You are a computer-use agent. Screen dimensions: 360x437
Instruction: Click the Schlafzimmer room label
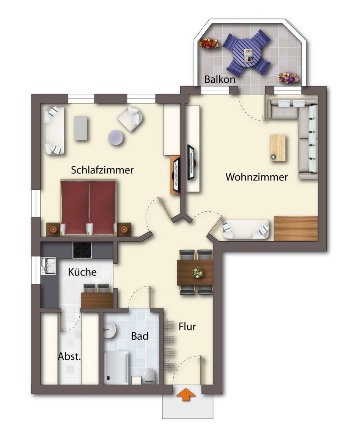pyautogui.click(x=102, y=170)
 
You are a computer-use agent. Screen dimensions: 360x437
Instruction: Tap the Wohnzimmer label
pyautogui.click(x=256, y=177)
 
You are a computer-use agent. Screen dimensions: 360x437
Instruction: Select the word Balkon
pyautogui.click(x=220, y=79)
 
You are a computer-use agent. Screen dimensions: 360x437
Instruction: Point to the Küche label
pyautogui.click(x=82, y=272)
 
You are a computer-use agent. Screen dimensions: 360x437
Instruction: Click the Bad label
pyautogui.click(x=140, y=336)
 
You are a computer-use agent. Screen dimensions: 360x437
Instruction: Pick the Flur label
pyautogui.click(x=187, y=326)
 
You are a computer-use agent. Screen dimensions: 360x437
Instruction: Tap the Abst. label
pyautogui.click(x=69, y=356)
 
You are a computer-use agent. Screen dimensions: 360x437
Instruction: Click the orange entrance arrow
pyautogui.click(x=186, y=395)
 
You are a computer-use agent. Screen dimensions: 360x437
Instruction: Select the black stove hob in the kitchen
pyautogui.click(x=82, y=250)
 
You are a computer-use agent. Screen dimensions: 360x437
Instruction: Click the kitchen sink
pyautogui.click(x=48, y=266)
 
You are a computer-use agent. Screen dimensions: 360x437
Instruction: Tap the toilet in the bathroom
pyautogui.click(x=149, y=376)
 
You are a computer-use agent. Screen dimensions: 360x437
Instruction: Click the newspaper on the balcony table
pyautogui.click(x=248, y=55)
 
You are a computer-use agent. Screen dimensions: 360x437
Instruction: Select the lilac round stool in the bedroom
pyautogui.click(x=116, y=138)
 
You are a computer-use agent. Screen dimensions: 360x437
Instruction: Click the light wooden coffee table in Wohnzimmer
pyautogui.click(x=278, y=148)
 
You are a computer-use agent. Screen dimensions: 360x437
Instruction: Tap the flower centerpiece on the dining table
pyautogui.click(x=198, y=272)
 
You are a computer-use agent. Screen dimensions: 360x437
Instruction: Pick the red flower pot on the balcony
pyautogui.click(x=209, y=43)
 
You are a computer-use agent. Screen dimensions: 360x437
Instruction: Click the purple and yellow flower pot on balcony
pyautogui.click(x=289, y=78)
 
